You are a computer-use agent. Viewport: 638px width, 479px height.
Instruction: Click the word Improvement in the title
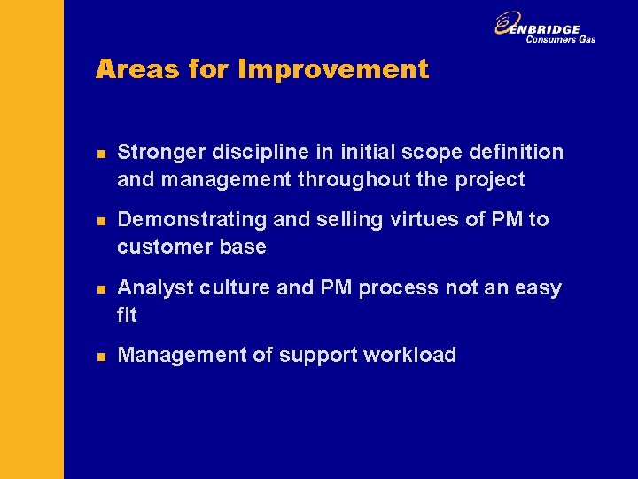(333, 69)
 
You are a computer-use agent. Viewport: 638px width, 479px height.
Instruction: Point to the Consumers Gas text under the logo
(560, 39)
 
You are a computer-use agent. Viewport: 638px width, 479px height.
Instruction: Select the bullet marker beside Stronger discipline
(101, 153)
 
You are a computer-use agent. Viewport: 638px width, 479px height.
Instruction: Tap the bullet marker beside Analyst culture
(101, 288)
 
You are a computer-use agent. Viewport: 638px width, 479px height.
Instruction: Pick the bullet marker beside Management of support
(101, 357)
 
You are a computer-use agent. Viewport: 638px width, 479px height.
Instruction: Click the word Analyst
(149, 288)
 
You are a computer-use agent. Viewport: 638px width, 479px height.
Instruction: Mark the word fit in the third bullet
(127, 314)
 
